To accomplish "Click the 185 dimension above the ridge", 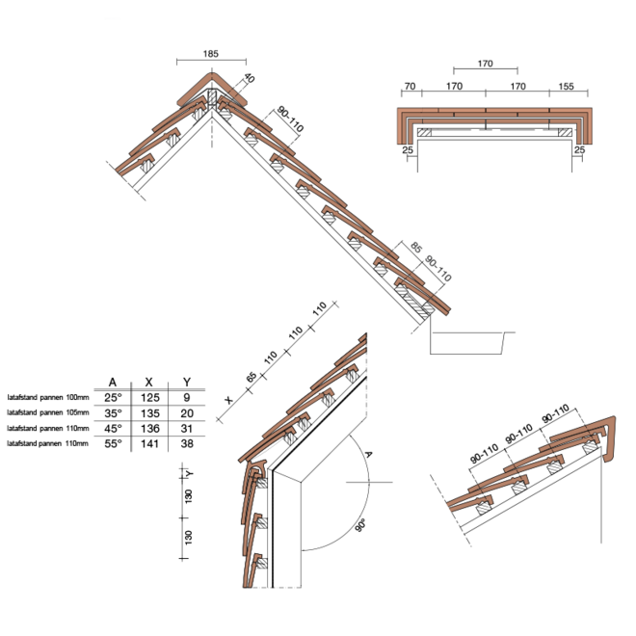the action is point(210,54).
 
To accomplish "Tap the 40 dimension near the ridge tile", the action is point(249,78).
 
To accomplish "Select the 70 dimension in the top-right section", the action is point(411,86).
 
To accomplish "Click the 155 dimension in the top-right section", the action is point(566,86).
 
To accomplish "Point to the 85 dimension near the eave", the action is point(416,247).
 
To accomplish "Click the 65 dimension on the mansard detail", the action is point(252,377).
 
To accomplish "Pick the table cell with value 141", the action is point(149,443).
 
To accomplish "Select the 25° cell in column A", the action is point(113,397).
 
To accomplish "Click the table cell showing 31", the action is point(187,428).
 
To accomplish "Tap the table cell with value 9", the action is point(187,397).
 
